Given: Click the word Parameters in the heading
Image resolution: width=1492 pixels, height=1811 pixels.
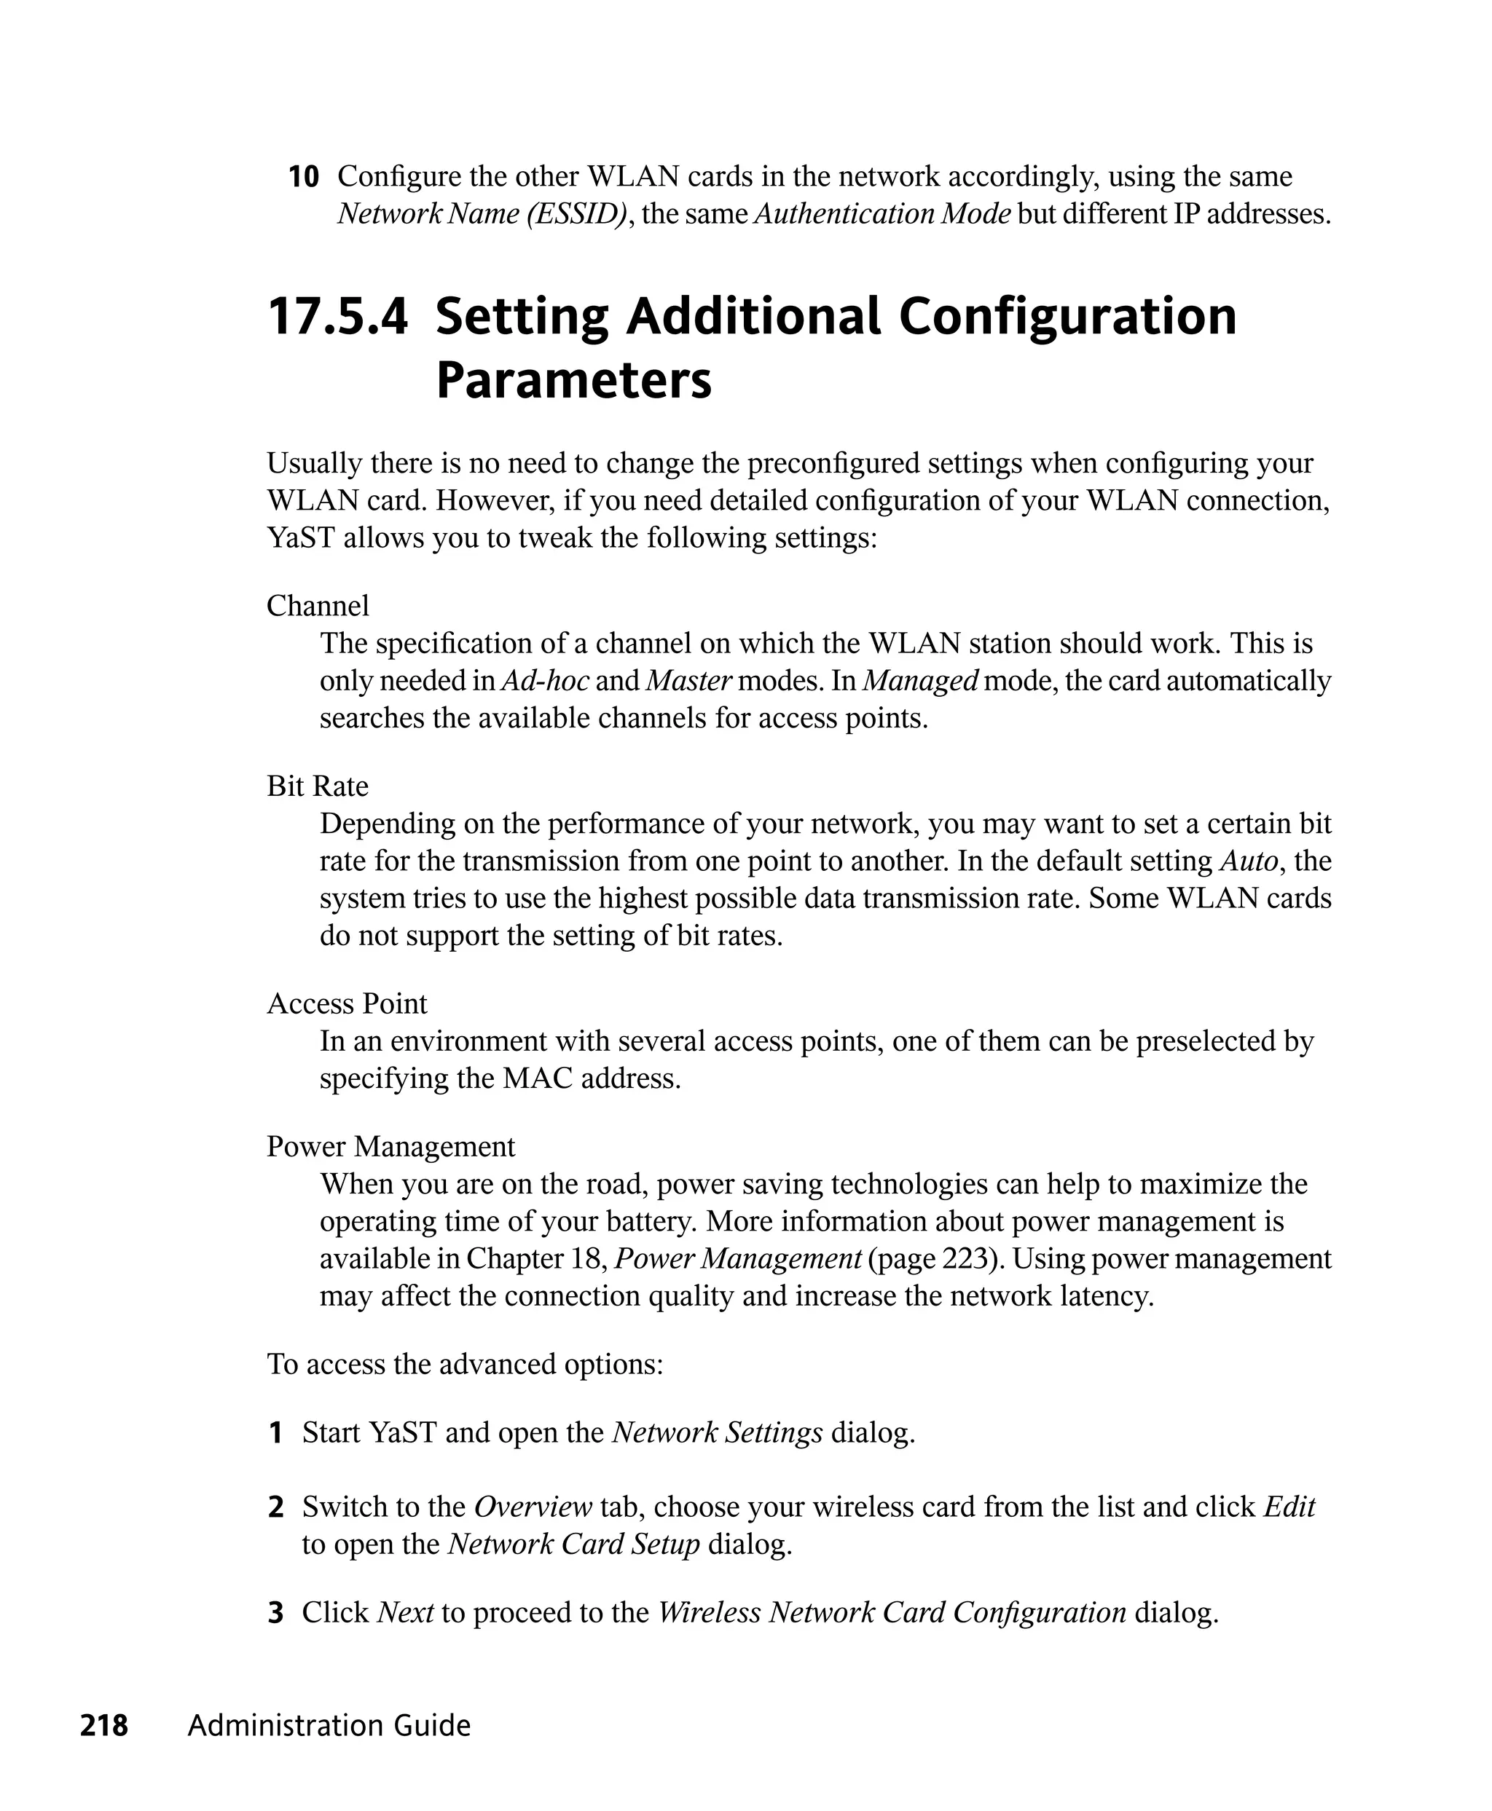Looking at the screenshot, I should coord(573,381).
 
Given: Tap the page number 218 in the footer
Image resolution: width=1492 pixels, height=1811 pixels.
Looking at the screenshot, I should coord(104,1725).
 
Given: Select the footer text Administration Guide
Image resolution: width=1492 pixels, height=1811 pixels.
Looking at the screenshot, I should coord(329,1725).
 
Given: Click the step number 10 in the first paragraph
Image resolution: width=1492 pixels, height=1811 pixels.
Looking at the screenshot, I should coord(302,178).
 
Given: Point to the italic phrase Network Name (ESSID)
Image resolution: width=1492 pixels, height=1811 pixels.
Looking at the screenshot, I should coord(482,214).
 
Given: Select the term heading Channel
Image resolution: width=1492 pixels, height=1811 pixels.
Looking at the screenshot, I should coord(317,606).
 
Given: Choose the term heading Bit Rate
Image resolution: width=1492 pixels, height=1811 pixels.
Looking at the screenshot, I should coord(317,786).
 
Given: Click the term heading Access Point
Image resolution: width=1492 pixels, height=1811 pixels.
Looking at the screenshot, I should coord(346,1003).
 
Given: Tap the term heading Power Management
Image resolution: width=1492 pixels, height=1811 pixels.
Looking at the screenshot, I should coord(390,1146).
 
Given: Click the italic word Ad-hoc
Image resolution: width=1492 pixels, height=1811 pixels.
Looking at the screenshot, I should coord(545,680).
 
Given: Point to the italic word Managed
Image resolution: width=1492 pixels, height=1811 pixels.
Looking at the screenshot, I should coord(919,680).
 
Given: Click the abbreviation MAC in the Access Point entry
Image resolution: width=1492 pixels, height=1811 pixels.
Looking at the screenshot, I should coord(537,1078).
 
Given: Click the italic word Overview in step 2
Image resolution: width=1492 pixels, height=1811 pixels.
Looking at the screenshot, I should coord(533,1507).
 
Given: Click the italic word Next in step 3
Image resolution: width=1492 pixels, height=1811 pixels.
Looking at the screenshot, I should coord(405,1612).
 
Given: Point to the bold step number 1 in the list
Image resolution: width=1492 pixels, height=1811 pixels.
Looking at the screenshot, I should coord(276,1433).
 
